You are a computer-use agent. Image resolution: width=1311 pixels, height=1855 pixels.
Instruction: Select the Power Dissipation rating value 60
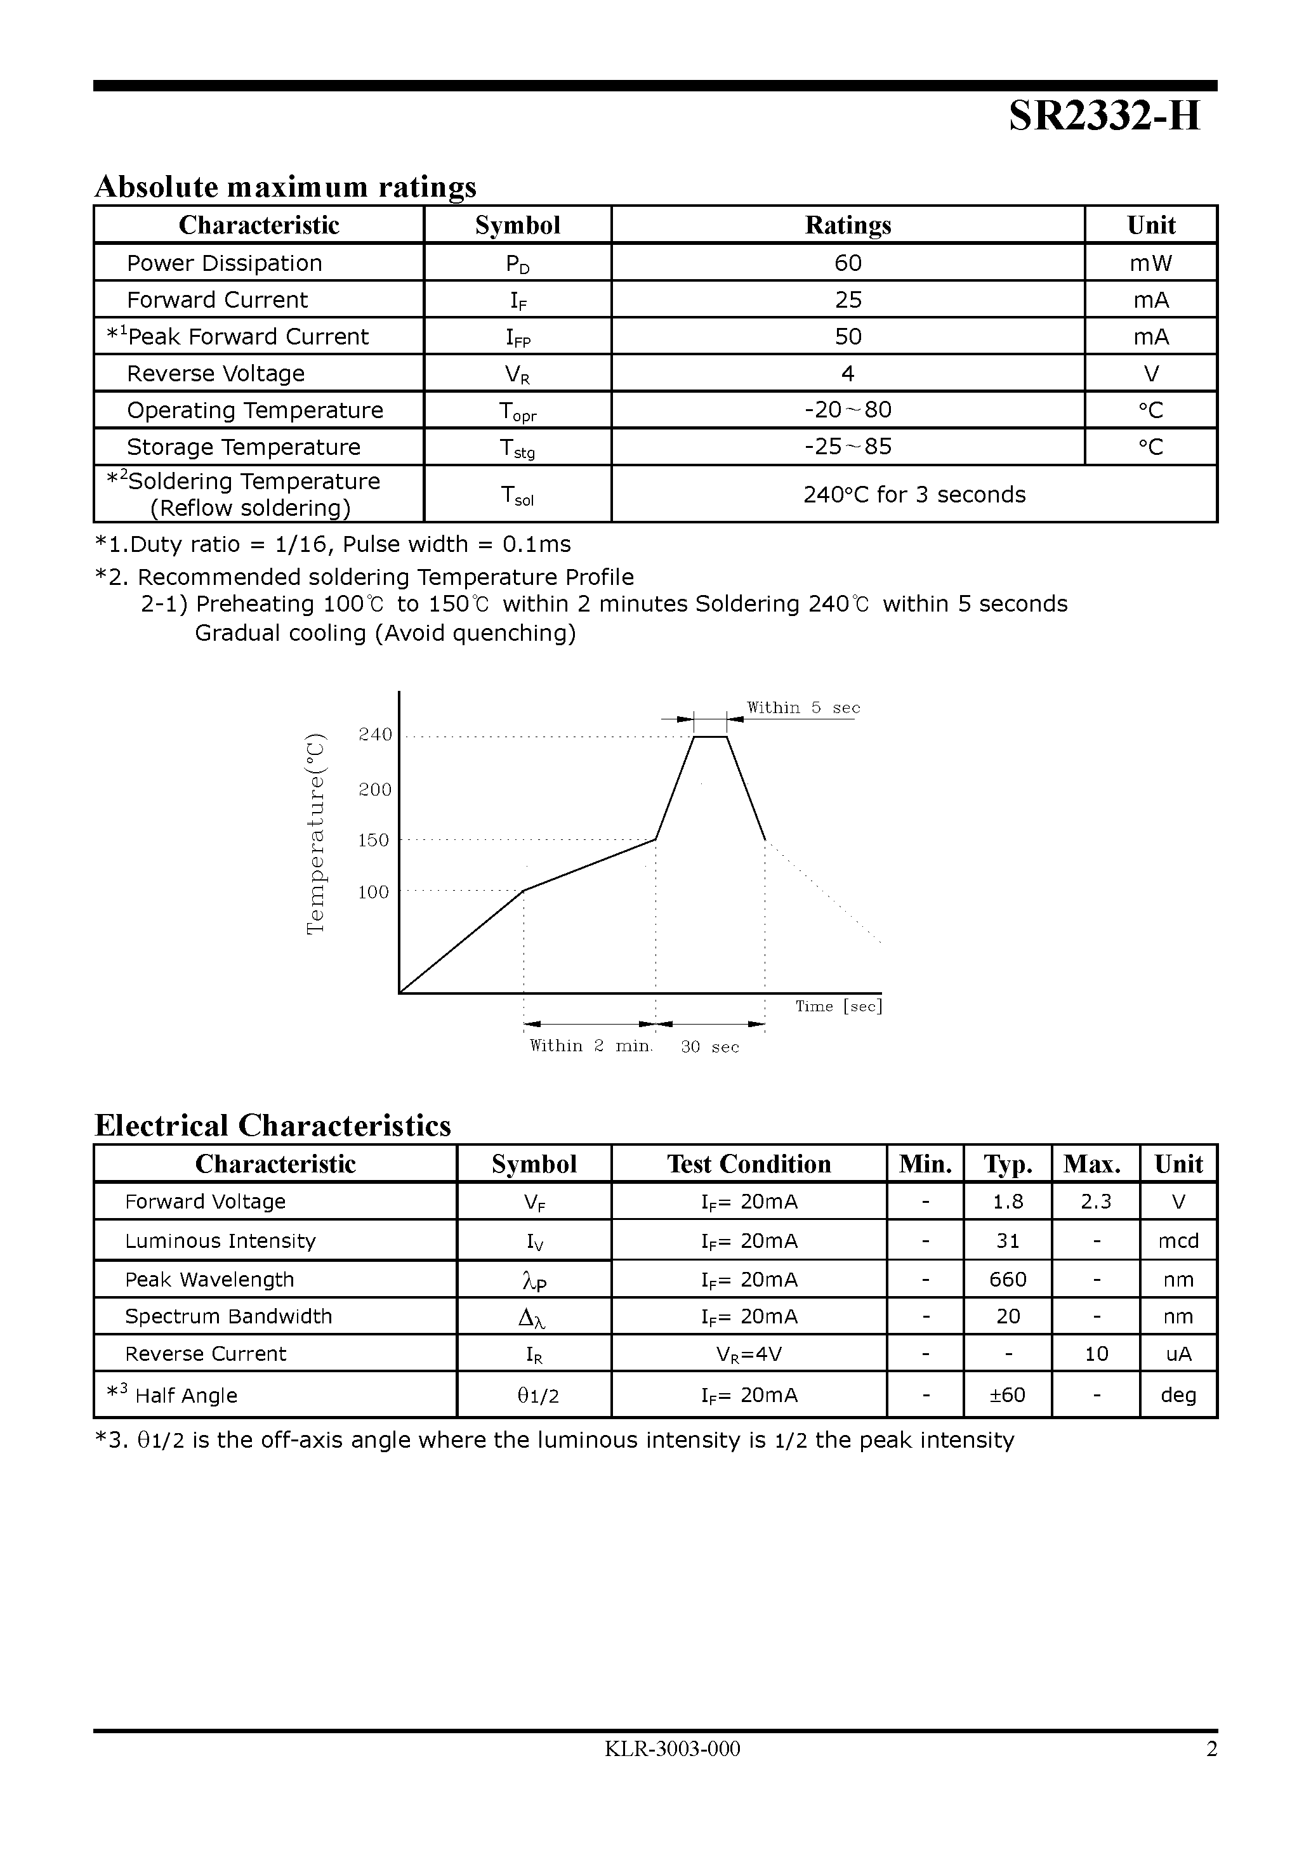tap(848, 263)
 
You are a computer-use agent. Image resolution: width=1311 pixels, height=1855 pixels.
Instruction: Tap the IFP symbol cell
tap(517, 337)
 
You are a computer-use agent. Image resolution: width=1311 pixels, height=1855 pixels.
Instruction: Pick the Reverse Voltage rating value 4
tap(848, 373)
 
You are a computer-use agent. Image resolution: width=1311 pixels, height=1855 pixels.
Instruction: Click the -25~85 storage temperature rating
tap(848, 447)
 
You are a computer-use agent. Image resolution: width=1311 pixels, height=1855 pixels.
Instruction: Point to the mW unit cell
tap(1151, 263)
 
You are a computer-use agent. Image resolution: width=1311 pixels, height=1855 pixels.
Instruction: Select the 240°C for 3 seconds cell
tap(914, 494)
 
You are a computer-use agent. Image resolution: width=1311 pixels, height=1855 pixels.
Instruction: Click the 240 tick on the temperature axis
tap(375, 735)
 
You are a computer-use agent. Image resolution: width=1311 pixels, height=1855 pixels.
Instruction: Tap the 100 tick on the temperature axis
tap(373, 892)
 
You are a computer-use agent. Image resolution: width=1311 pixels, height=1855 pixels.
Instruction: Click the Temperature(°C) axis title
tap(315, 834)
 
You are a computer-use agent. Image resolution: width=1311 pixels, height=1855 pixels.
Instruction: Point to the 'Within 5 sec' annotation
tap(803, 708)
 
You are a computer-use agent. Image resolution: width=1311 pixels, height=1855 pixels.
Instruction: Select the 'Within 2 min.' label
tap(591, 1045)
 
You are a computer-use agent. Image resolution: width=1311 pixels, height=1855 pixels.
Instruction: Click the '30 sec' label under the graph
tap(709, 1047)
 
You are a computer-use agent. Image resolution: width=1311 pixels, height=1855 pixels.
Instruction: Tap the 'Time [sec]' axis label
tap(838, 1006)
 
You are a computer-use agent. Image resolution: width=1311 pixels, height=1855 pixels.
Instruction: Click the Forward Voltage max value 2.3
tap(1096, 1202)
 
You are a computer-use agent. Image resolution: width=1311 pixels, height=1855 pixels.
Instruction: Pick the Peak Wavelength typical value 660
tap(1008, 1279)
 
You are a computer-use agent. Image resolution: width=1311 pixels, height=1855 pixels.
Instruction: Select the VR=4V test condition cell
tap(749, 1353)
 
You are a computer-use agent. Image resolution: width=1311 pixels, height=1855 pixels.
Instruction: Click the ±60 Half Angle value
tap(1008, 1394)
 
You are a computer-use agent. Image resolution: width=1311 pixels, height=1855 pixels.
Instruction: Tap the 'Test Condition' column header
tap(749, 1163)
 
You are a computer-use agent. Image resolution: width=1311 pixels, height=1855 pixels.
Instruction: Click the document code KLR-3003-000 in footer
tap(673, 1748)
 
